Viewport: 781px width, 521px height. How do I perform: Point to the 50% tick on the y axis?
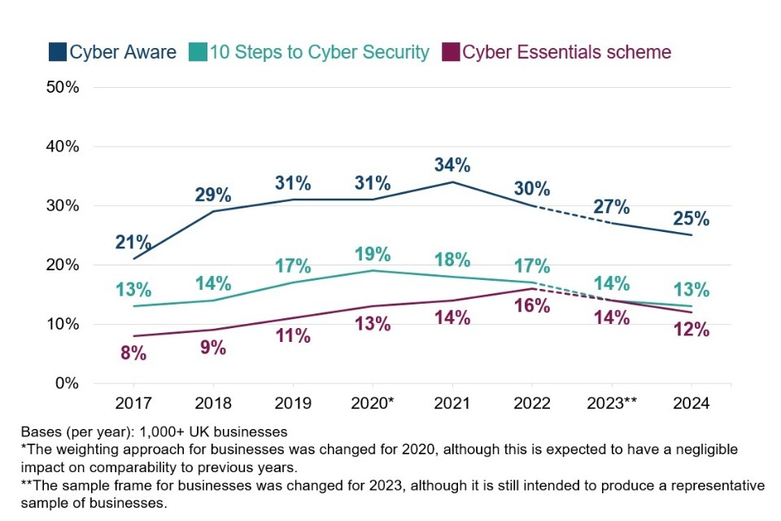tap(62, 87)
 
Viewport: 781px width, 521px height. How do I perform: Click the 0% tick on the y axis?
tap(66, 383)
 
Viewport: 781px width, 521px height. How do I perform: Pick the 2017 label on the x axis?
tap(133, 403)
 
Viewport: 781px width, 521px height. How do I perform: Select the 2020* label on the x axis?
tap(373, 403)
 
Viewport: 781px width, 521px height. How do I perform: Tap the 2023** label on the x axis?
tap(612, 403)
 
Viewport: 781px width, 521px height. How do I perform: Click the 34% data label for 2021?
tap(452, 164)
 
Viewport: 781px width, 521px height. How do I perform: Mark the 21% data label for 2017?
tap(133, 243)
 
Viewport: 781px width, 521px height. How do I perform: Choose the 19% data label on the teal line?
tap(373, 252)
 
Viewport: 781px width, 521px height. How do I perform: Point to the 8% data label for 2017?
tap(133, 353)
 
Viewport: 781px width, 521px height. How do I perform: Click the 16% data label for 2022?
tap(532, 306)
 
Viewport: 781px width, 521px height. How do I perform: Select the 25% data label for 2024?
tap(691, 218)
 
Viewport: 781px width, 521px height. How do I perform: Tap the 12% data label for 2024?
tap(691, 330)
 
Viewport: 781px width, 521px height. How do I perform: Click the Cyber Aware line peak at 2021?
tap(452, 182)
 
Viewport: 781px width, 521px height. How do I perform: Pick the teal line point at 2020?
tap(373, 270)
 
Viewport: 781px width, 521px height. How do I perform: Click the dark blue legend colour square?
tap(57, 53)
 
